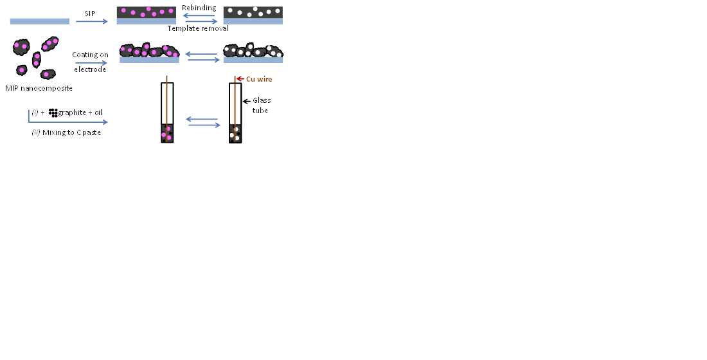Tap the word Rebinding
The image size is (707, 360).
tap(199, 8)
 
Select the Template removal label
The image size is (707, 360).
tap(198, 29)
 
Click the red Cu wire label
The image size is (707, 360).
tap(260, 79)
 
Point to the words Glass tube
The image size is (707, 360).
tap(262, 105)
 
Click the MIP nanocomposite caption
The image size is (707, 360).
tap(39, 88)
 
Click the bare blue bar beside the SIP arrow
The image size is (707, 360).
tap(40, 21)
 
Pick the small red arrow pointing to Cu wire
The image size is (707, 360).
tap(241, 79)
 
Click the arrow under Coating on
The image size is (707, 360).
tap(91, 63)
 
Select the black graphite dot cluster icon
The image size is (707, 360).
tap(53, 113)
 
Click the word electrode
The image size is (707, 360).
tap(89, 69)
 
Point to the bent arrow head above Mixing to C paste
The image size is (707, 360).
tap(105, 121)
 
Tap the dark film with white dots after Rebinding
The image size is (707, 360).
tap(253, 12)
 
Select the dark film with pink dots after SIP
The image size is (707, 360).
tap(147, 12)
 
